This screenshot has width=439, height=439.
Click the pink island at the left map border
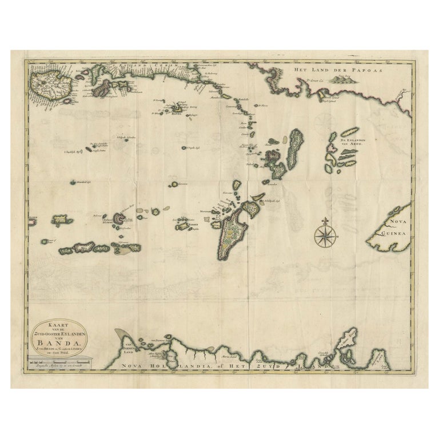(31, 219)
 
